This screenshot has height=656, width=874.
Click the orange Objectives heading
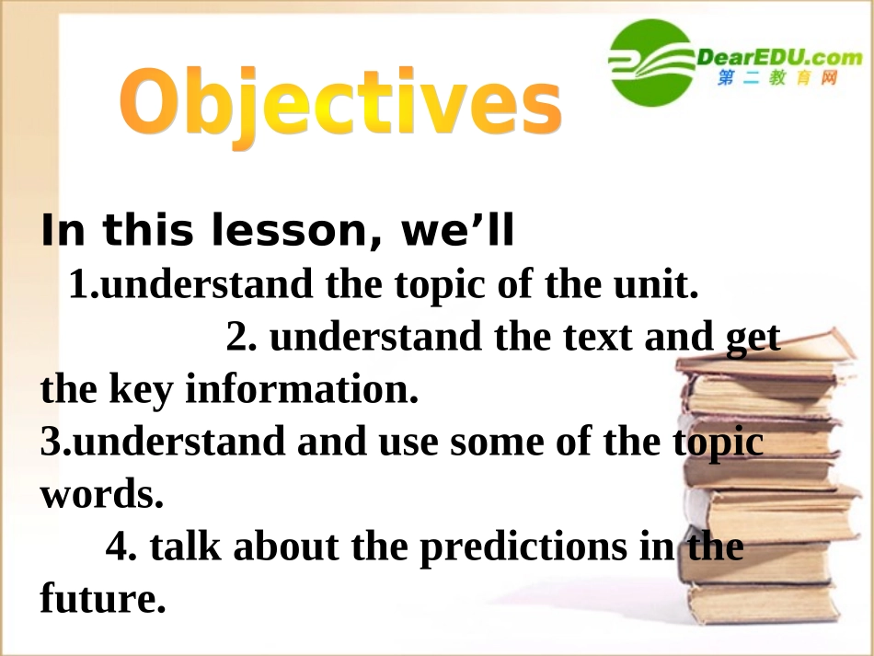(x=340, y=103)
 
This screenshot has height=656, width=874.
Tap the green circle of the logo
(x=650, y=63)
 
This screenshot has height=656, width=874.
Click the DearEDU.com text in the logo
(x=779, y=57)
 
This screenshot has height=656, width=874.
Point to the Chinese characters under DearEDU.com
(x=777, y=77)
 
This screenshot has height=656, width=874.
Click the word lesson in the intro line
(x=288, y=230)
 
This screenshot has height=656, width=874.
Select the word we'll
(x=457, y=230)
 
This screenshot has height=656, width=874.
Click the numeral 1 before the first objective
(x=78, y=283)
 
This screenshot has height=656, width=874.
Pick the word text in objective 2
(x=597, y=337)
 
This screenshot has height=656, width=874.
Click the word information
(x=301, y=388)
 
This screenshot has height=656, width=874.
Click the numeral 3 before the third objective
(x=51, y=441)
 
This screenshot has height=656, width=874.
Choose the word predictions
(x=523, y=547)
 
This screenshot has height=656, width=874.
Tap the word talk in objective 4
(x=185, y=546)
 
